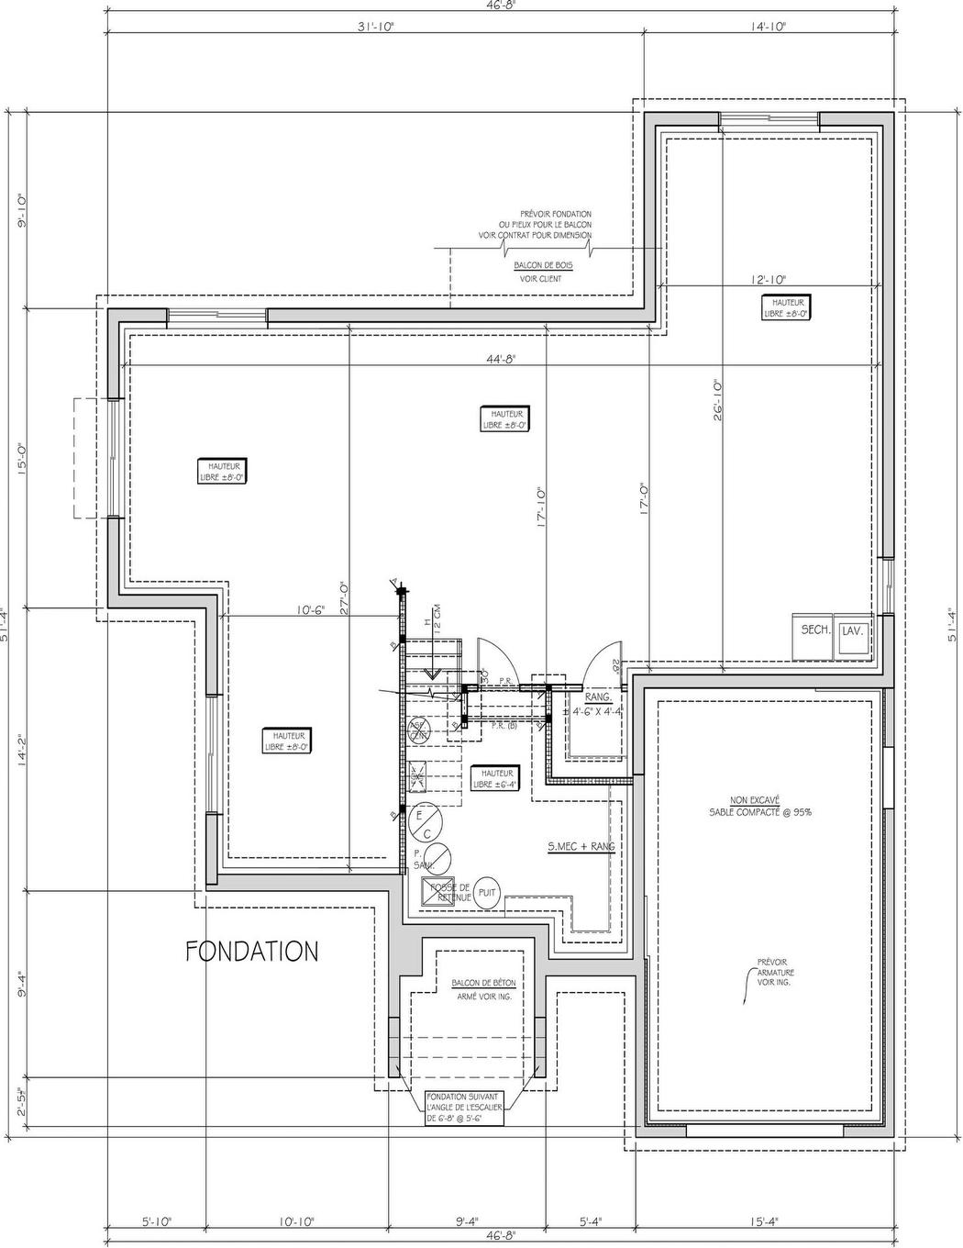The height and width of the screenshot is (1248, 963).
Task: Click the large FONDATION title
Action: click(252, 952)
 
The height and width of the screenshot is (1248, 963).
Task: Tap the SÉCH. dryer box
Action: click(814, 631)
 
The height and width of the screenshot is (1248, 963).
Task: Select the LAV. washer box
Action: click(853, 632)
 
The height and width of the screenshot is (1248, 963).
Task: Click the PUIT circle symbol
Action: click(487, 892)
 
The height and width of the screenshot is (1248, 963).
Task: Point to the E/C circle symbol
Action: click(424, 822)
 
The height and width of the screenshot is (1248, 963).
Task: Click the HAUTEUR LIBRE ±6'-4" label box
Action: click(496, 779)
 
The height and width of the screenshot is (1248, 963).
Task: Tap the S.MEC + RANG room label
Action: click(581, 846)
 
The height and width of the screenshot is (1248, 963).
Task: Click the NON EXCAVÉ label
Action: click(754, 799)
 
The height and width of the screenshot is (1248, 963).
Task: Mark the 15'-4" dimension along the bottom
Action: click(763, 1222)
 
